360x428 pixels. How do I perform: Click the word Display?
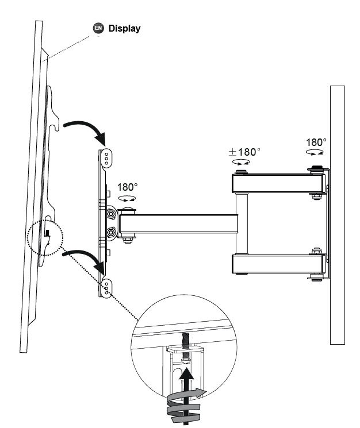(125, 28)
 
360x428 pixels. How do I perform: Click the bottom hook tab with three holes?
(106, 288)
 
